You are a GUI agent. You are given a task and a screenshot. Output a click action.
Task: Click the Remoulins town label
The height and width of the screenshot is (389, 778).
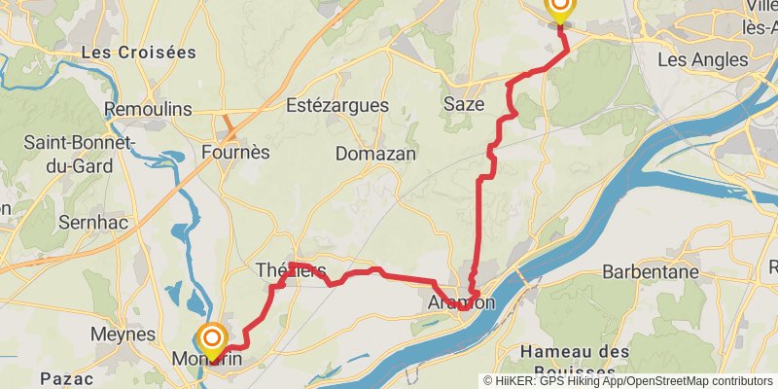[x=147, y=110]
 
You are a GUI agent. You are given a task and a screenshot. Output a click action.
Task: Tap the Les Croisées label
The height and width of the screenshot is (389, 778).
[x=138, y=52]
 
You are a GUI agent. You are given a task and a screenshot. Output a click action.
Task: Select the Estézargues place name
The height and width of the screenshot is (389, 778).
[x=337, y=106]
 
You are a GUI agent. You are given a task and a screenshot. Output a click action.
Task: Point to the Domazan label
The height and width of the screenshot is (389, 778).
[x=375, y=154]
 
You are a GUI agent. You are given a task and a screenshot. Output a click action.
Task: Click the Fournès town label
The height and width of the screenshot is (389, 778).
[x=235, y=153]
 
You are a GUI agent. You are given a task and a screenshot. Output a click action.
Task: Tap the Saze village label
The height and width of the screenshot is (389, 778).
[x=463, y=103]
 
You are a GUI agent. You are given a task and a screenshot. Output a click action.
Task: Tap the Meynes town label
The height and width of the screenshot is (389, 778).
[x=118, y=334]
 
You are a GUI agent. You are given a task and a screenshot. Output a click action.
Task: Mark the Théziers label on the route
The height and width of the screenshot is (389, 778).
[x=290, y=270]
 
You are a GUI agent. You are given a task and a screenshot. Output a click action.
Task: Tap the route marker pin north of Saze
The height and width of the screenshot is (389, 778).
[x=560, y=10]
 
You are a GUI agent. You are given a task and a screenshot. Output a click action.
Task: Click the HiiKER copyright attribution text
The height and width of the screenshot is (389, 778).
[x=627, y=381]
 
